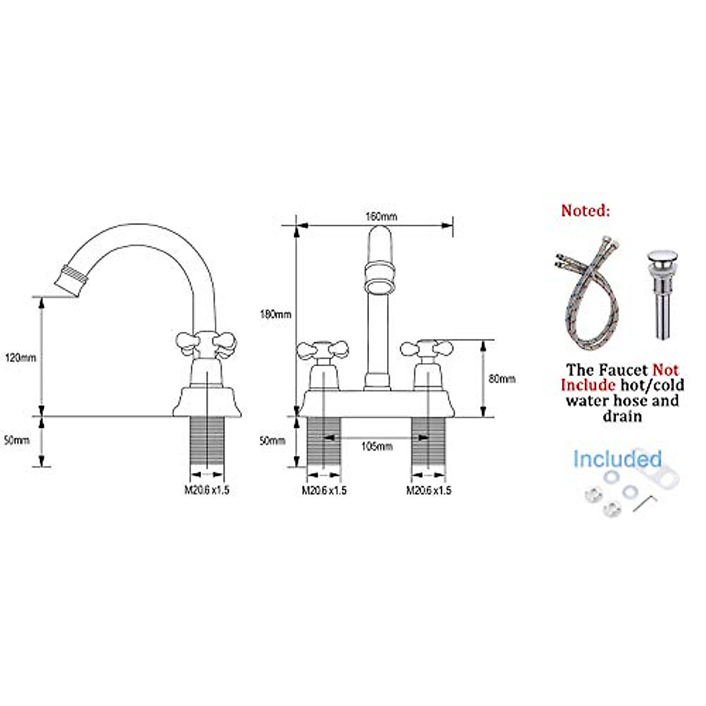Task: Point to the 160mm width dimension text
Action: (x=381, y=217)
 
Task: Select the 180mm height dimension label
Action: (x=275, y=314)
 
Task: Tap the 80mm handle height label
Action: (x=502, y=379)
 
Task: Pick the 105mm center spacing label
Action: (x=377, y=447)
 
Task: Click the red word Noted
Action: (x=585, y=211)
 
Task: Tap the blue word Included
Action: (x=617, y=459)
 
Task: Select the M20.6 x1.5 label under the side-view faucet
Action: (x=207, y=490)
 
